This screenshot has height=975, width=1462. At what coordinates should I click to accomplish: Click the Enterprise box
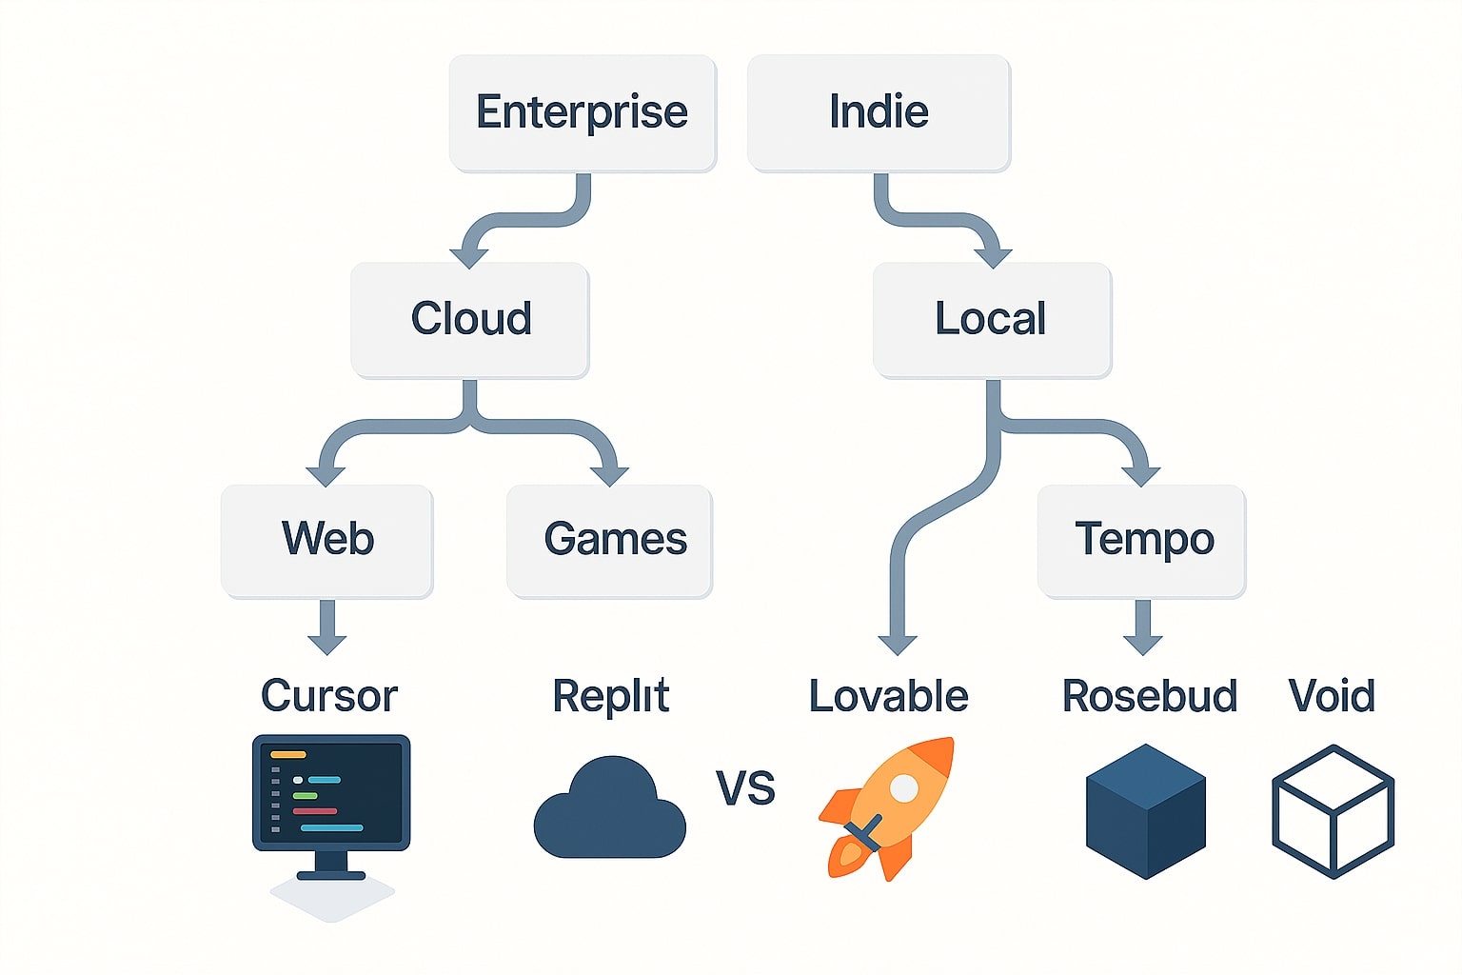(x=582, y=112)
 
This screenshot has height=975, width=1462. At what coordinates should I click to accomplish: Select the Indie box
(x=879, y=112)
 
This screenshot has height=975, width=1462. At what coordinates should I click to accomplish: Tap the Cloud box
(x=470, y=319)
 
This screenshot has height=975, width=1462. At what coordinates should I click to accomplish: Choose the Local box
(x=991, y=319)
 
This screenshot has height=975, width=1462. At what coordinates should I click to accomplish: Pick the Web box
(x=327, y=540)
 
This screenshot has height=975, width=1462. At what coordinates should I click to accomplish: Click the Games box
(x=609, y=540)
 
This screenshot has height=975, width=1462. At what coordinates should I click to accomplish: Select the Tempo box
(x=1141, y=540)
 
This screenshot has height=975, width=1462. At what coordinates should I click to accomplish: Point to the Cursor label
(x=328, y=696)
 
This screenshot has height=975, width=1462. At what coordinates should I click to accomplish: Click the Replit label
(x=610, y=696)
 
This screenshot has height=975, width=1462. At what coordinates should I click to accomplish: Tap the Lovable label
(x=888, y=696)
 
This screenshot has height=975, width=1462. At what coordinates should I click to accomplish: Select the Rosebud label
(x=1149, y=696)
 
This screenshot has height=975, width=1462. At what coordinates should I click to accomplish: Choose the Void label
(x=1331, y=696)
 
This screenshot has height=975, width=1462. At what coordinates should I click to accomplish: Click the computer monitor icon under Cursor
(x=331, y=805)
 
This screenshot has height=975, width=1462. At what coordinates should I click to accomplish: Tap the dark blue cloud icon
(x=609, y=809)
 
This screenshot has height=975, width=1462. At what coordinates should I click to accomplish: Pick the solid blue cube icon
(x=1146, y=809)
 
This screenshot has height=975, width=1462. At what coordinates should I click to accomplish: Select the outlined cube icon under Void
(x=1333, y=810)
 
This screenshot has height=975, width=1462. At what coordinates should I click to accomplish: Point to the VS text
(x=745, y=788)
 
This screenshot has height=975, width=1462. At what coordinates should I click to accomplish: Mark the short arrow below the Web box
(x=327, y=628)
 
